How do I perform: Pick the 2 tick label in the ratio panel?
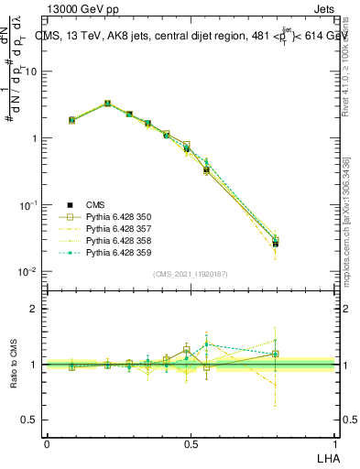coord(34,309)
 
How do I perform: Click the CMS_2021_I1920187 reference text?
coord(191,274)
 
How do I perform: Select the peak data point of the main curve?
coord(108,104)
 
